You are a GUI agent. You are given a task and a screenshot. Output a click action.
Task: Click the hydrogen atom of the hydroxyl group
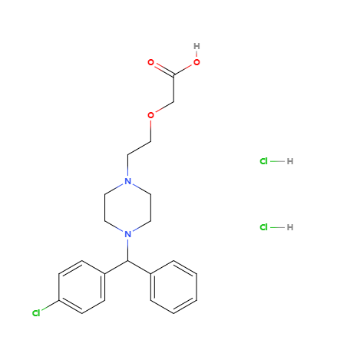tap(197, 46)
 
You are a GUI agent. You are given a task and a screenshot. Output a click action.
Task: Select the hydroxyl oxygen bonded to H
tap(197, 62)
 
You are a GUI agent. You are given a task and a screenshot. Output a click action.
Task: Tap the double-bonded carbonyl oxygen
tap(151, 62)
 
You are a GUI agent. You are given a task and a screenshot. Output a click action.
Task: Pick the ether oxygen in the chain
tap(151, 115)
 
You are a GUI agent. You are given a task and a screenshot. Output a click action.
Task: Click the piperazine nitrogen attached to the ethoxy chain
tap(127, 181)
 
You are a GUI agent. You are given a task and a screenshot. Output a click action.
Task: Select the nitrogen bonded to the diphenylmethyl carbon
tap(127, 234)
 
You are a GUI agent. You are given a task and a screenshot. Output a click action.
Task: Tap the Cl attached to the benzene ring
tap(36, 313)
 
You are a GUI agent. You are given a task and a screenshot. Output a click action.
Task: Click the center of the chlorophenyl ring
tap(82, 287)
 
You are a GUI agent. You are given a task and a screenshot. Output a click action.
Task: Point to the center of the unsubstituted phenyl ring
tap(173, 287)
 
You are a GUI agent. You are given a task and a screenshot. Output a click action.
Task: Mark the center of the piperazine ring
tap(127, 208)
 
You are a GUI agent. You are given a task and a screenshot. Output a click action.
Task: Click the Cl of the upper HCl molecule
tap(264, 161)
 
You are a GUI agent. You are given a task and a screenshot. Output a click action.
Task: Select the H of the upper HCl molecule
tap(290, 161)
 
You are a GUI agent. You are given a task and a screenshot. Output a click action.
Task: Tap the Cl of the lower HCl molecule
tap(264, 227)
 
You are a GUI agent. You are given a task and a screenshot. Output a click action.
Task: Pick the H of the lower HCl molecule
tap(290, 227)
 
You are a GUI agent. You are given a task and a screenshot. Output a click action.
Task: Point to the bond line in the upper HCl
tap(277, 161)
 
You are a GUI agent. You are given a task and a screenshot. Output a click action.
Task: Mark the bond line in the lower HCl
tap(277, 227)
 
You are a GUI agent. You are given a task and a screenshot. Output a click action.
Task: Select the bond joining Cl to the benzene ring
tap(50, 305)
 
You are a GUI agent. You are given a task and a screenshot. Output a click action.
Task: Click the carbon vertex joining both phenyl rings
tap(127, 261)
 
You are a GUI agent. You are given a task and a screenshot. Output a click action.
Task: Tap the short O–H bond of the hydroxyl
tap(197, 54)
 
